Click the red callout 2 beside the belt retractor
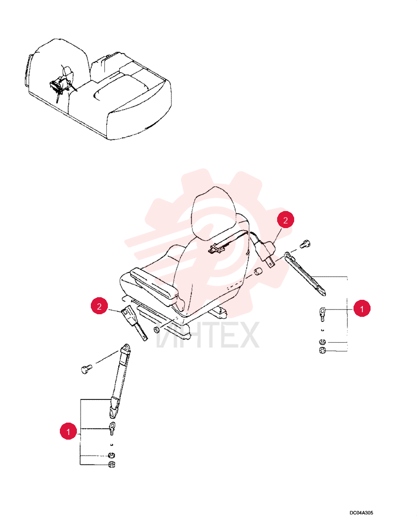(x=285, y=220)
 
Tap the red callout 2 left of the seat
(x=100, y=306)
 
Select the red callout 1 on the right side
(x=362, y=309)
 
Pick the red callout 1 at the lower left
(x=69, y=431)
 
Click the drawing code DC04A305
(x=361, y=512)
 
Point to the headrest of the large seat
(x=214, y=214)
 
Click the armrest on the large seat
(x=155, y=285)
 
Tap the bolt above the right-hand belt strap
(x=306, y=244)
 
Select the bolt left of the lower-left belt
(x=87, y=369)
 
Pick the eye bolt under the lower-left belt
(x=112, y=428)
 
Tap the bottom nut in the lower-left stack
(x=111, y=465)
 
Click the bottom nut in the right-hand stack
(x=323, y=350)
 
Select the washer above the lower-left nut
(x=112, y=456)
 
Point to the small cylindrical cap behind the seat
(x=258, y=272)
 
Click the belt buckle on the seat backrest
(x=216, y=249)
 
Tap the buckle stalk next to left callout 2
(x=135, y=322)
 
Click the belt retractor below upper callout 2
(x=266, y=250)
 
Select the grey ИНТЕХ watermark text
(x=207, y=335)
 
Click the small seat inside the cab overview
(x=62, y=82)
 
